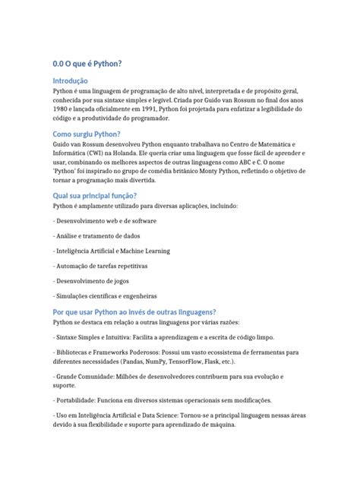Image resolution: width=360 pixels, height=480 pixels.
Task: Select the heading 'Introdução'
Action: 70,81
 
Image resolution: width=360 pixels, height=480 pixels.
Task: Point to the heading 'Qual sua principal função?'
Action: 94,195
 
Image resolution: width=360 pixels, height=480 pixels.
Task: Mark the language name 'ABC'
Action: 248,161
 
